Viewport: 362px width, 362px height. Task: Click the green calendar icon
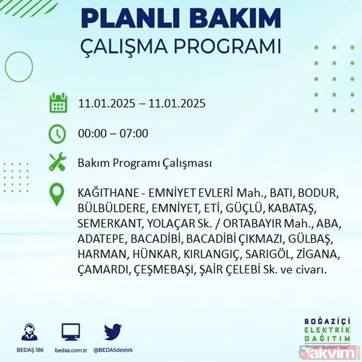[58, 103]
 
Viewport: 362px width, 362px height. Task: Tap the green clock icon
[58, 133]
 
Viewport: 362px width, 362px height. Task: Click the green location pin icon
[58, 194]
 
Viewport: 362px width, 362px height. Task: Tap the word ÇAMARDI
[103, 270]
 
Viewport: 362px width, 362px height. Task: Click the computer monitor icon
[71, 332]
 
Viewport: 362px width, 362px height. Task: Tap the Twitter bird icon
[113, 332]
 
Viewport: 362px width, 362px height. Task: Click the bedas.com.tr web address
[71, 349]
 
